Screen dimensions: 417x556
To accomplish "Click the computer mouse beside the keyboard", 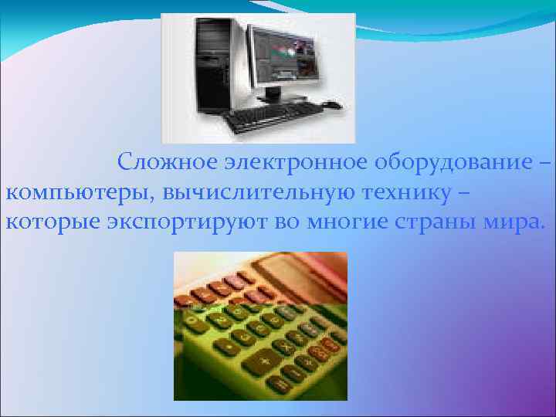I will click(332, 104).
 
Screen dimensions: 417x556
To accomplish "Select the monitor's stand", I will click(272, 94).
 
